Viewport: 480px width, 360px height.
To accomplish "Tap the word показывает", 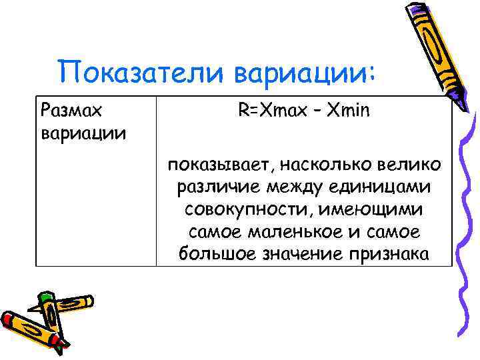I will pos(217,164).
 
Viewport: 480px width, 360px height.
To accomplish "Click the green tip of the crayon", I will pos(45,295).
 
